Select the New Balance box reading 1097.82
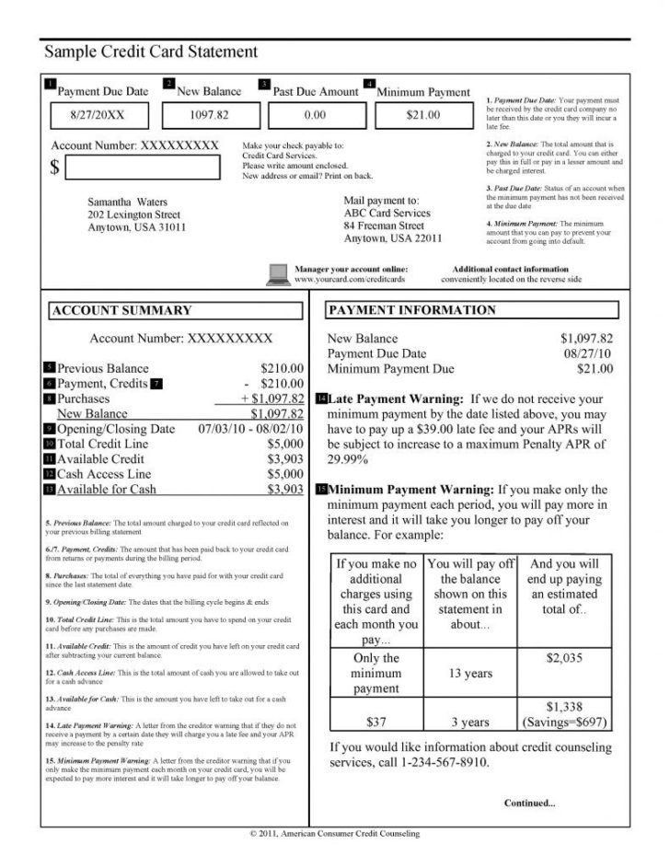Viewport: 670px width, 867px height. (x=209, y=115)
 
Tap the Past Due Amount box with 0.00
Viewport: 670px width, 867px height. (x=315, y=115)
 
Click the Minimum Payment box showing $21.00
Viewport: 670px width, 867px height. (x=422, y=115)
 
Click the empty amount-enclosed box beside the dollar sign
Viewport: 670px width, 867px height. (x=144, y=168)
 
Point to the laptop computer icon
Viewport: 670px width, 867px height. (x=277, y=272)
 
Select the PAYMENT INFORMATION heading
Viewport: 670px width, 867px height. (x=411, y=310)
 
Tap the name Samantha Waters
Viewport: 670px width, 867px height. (x=123, y=201)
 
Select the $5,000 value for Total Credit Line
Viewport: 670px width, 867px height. (x=285, y=445)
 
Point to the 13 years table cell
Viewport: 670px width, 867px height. (x=470, y=674)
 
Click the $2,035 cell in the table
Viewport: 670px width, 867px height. (x=564, y=659)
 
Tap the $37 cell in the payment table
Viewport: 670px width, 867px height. (x=375, y=722)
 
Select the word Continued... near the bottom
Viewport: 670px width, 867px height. (x=529, y=803)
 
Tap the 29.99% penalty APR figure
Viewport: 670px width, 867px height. (x=352, y=459)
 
